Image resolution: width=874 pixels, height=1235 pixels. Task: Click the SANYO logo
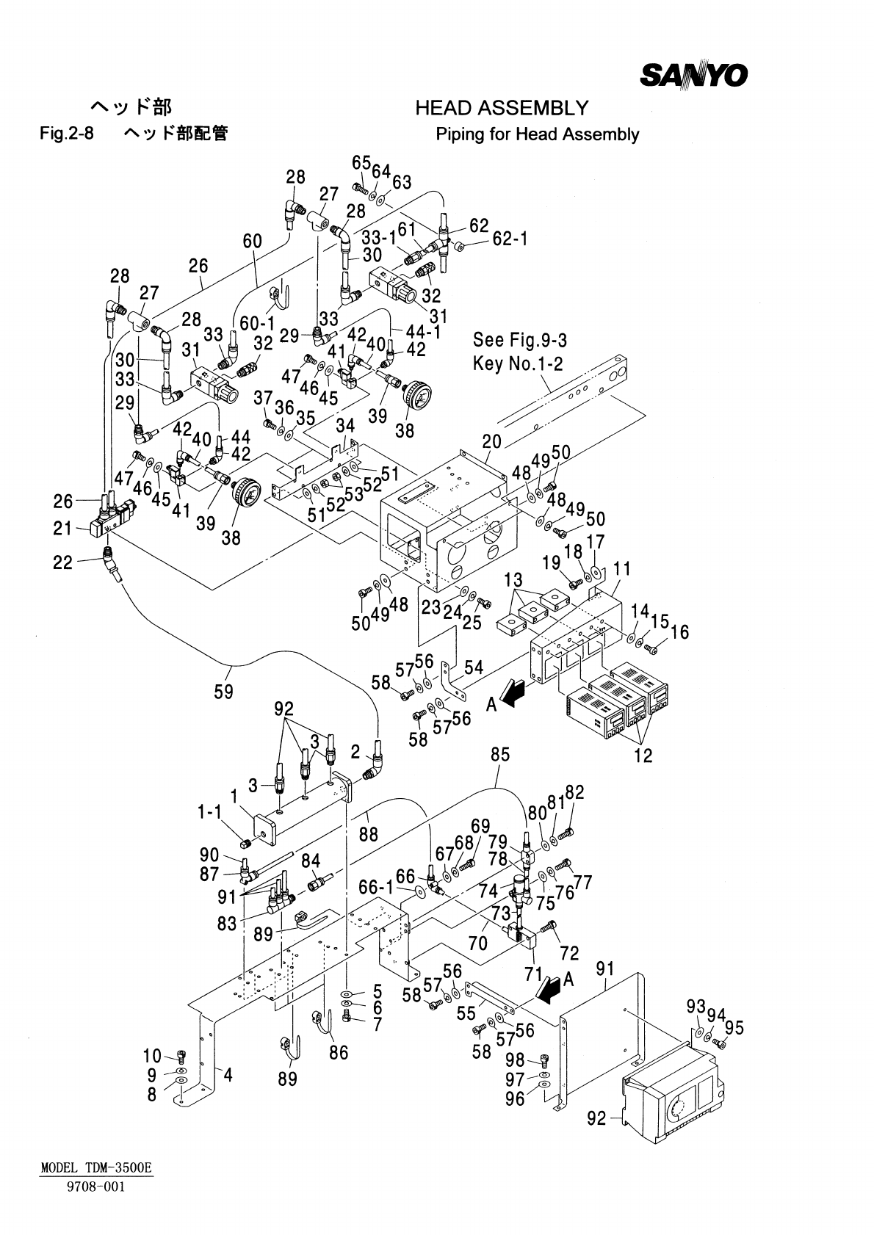tap(694, 74)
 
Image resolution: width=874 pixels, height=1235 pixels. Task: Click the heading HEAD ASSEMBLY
tap(502, 109)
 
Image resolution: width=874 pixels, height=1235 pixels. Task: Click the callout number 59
tap(224, 691)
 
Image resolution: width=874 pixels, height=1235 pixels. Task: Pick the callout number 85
tap(500, 755)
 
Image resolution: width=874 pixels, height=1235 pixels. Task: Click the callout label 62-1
tap(510, 239)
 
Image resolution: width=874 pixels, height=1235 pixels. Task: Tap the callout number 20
tap(491, 441)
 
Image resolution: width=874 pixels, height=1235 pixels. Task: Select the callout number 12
tap(643, 755)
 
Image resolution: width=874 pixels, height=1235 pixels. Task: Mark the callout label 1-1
tap(209, 812)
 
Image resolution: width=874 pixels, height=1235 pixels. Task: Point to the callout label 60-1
tap(257, 324)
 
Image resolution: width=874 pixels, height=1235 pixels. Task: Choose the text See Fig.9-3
tap(520, 341)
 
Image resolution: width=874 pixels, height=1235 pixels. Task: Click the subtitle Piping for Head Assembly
tap(537, 134)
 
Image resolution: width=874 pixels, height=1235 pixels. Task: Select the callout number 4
tap(228, 1076)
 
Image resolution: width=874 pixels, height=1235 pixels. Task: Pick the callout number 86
tap(339, 1053)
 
